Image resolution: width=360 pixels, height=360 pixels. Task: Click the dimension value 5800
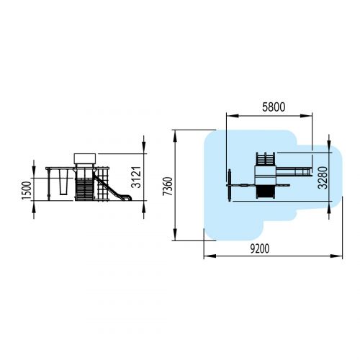pyautogui.click(x=274, y=107)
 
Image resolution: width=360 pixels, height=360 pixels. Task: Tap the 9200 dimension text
pyautogui.click(x=260, y=248)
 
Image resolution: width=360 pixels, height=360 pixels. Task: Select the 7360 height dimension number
pyautogui.click(x=168, y=186)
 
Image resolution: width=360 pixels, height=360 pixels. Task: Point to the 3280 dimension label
pyautogui.click(x=323, y=178)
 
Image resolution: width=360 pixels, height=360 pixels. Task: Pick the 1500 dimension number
pyautogui.click(x=27, y=191)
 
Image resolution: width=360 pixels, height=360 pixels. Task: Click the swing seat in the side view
pyautogui.click(x=63, y=182)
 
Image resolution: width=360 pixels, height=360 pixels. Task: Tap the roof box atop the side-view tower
pyautogui.click(x=85, y=158)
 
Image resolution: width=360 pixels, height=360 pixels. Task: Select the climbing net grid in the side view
pyautogui.click(x=103, y=184)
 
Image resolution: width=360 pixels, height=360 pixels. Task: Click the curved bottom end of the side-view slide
pyautogui.click(x=128, y=198)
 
